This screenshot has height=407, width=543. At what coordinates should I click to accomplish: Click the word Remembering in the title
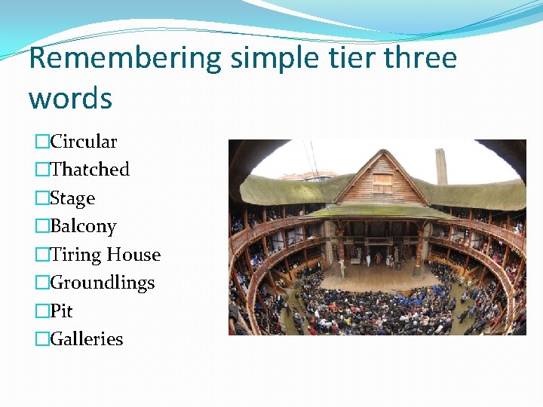click(124, 58)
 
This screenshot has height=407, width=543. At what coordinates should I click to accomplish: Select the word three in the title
click(420, 58)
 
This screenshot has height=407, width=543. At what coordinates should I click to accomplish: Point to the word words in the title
click(70, 98)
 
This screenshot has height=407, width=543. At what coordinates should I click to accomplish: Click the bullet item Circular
click(83, 142)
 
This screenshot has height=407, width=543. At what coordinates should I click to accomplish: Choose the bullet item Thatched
click(89, 170)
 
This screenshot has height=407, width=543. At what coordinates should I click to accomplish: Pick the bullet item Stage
click(72, 198)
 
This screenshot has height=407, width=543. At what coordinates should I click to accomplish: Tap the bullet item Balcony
click(83, 226)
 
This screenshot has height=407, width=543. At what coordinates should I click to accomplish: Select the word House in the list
click(133, 255)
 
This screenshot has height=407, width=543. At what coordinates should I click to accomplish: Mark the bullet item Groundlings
click(102, 283)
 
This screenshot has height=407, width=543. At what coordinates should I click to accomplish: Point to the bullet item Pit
click(61, 311)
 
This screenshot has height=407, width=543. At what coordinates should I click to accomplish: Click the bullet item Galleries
click(86, 339)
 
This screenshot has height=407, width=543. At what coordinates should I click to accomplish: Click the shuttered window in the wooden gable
click(382, 183)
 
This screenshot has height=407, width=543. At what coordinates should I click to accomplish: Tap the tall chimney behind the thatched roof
click(441, 166)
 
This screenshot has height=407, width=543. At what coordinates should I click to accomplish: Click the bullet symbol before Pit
click(42, 311)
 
